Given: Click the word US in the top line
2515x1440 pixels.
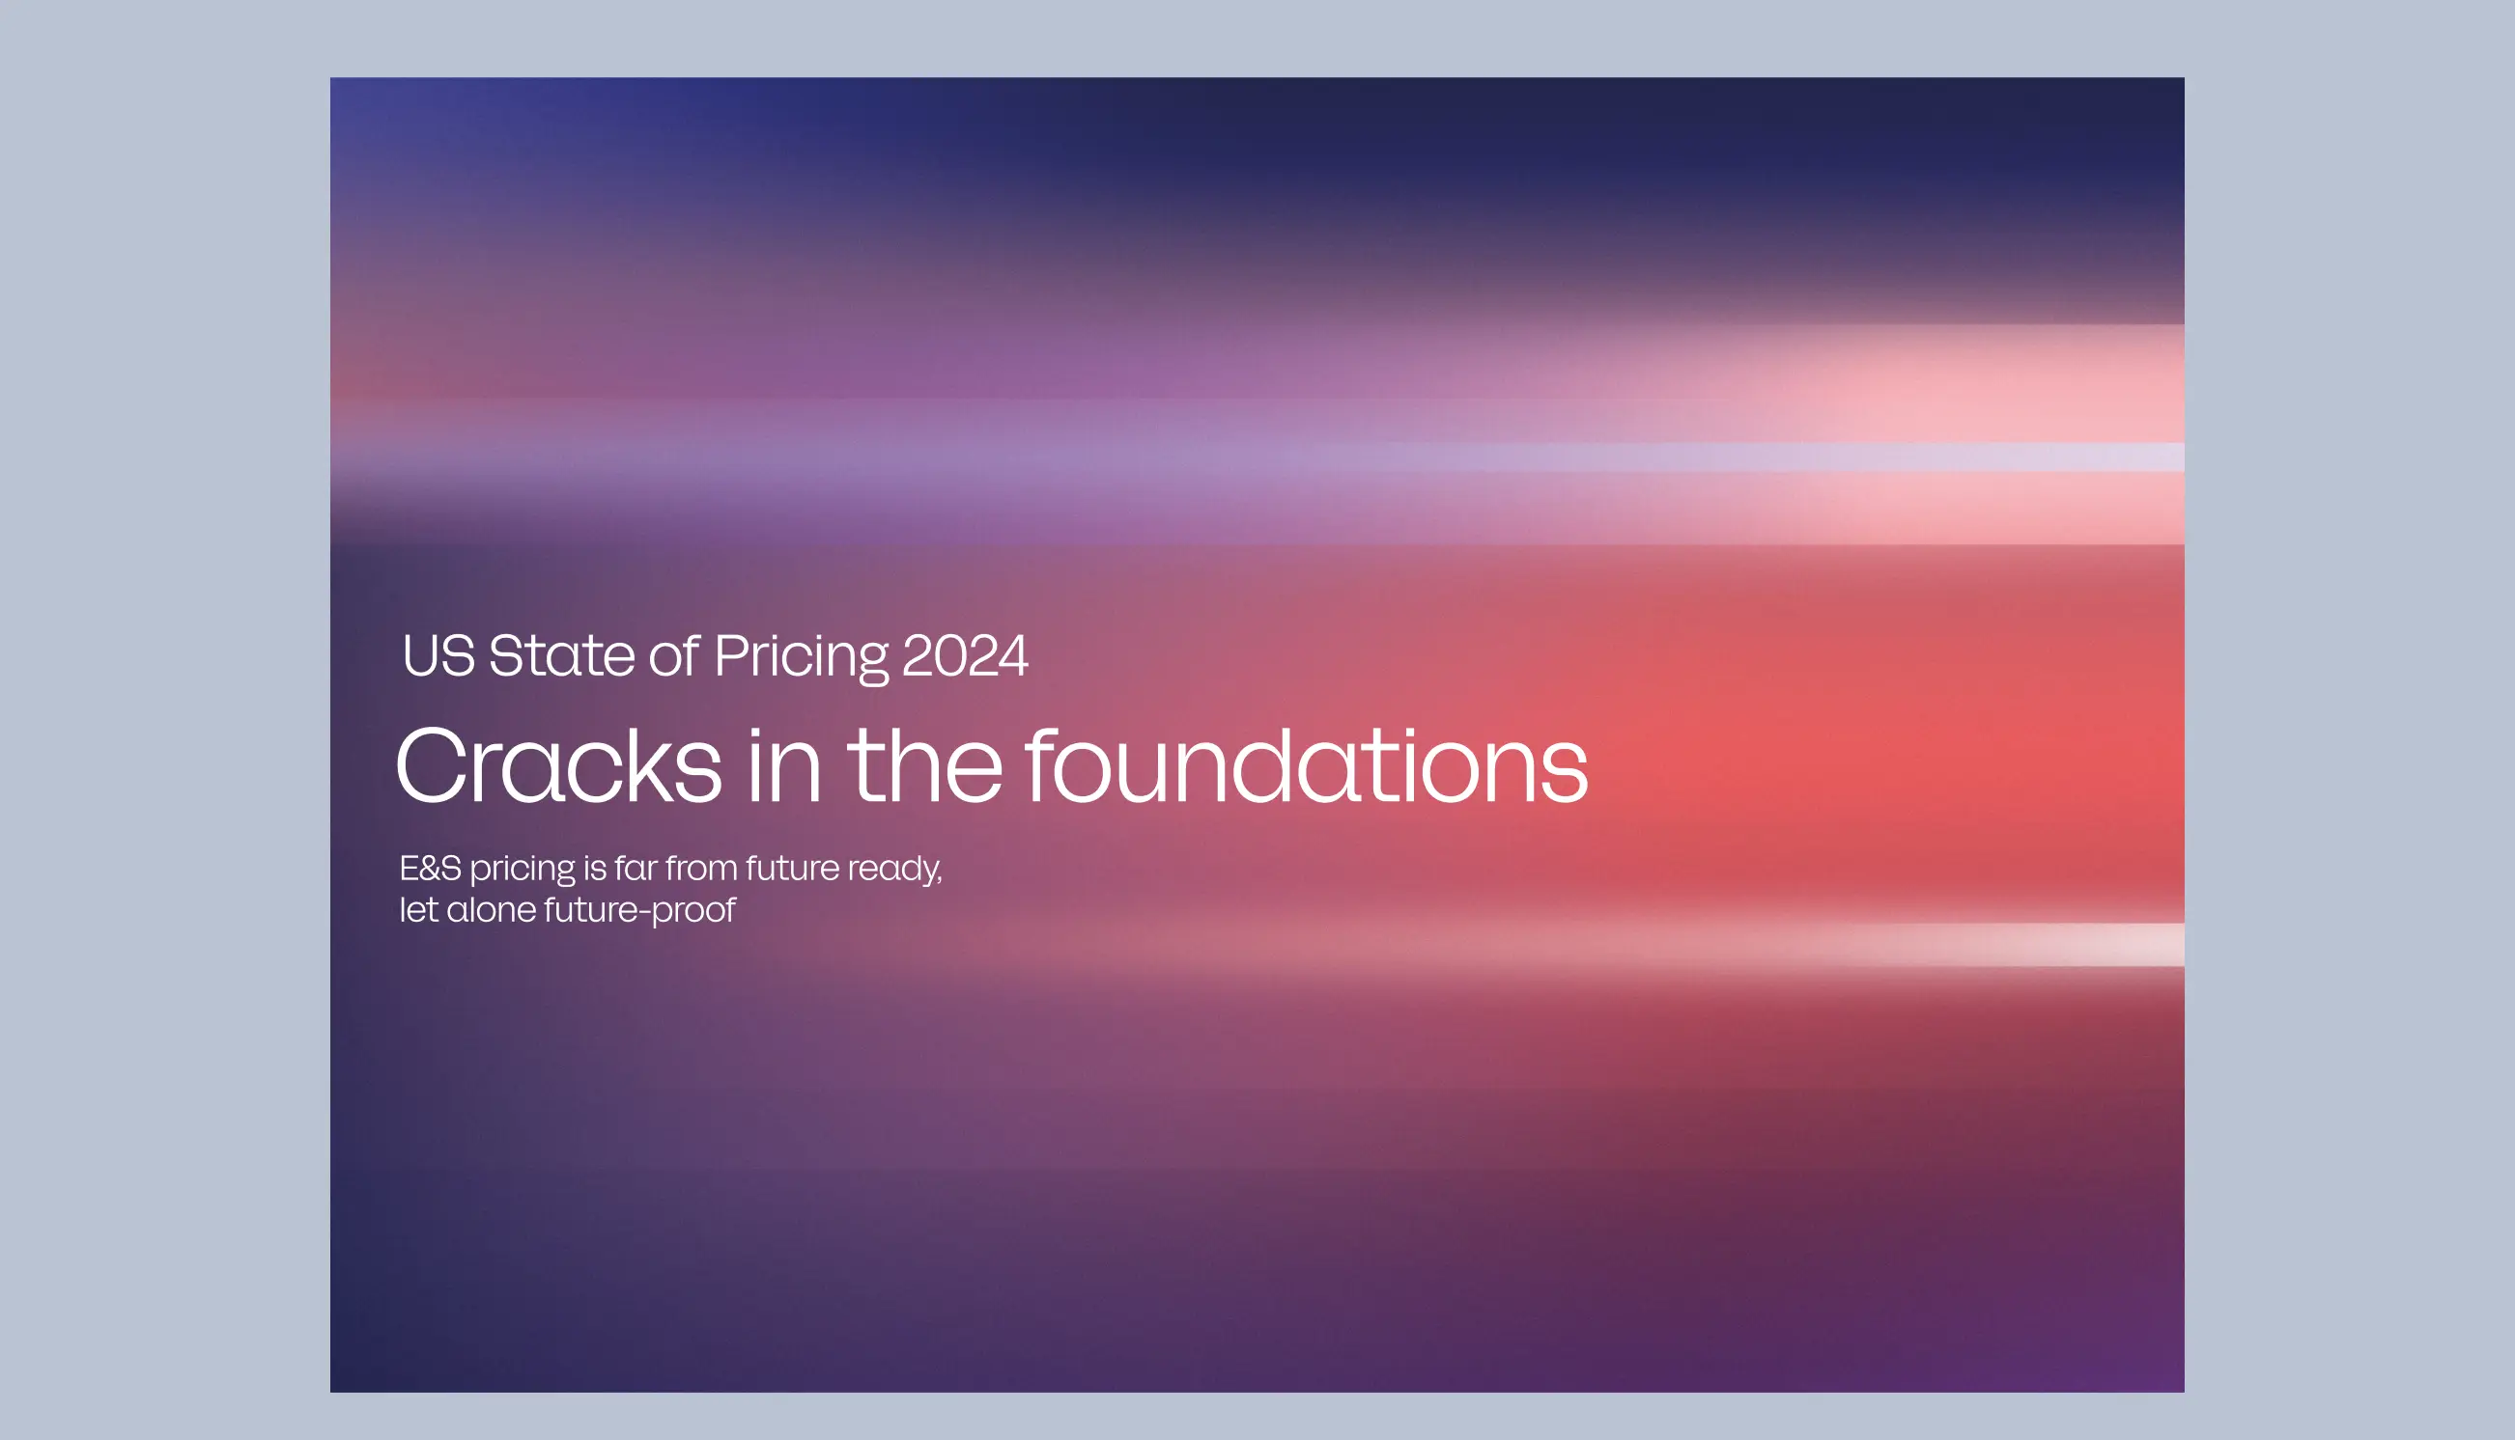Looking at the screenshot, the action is [x=439, y=655].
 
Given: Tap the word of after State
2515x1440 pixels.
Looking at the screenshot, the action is [x=674, y=654].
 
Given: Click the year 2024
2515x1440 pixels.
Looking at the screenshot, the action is [x=966, y=656].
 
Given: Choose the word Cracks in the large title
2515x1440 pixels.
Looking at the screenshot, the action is [x=559, y=765].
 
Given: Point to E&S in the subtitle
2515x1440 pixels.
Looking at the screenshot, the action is [x=431, y=869].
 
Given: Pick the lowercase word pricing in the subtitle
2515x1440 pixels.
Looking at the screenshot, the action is [x=523, y=872].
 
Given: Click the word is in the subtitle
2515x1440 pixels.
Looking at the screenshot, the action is [x=595, y=869].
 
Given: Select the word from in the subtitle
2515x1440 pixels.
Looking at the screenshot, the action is [x=701, y=868].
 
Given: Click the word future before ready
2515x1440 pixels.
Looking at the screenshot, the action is [x=793, y=868].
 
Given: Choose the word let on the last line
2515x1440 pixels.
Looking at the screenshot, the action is [x=418, y=910].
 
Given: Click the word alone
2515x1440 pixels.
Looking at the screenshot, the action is [x=492, y=910].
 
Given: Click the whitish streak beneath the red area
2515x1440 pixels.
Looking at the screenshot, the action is [x=1879, y=945].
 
